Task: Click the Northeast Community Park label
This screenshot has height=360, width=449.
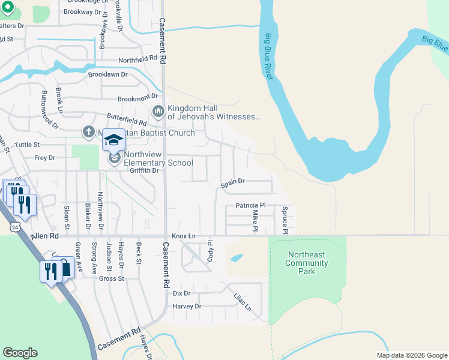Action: tap(307, 263)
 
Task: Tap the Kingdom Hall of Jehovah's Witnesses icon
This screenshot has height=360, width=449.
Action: tap(158, 111)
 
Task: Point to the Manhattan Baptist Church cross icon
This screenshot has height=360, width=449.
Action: tap(88, 132)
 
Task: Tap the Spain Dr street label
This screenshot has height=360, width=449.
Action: tap(233, 181)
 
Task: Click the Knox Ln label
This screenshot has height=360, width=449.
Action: tap(184, 236)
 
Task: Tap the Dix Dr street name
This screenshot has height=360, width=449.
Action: tap(181, 293)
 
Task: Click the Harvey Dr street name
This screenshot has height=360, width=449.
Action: tap(186, 306)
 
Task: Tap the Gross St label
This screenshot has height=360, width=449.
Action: tap(112, 279)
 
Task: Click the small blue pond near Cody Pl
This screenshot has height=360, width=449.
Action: tap(237, 258)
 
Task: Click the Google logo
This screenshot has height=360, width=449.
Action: tap(20, 353)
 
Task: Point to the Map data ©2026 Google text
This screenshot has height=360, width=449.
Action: tap(411, 355)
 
